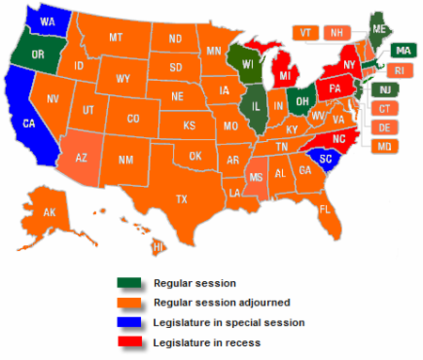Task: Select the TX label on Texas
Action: pyautogui.click(x=181, y=199)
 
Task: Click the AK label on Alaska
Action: pyautogui.click(x=51, y=213)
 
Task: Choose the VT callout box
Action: pyautogui.click(x=305, y=32)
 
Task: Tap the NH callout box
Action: pyautogui.click(x=333, y=32)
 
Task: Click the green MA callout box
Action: pyautogui.click(x=403, y=51)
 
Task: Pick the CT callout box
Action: pyautogui.click(x=385, y=109)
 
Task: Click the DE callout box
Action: pyautogui.click(x=385, y=128)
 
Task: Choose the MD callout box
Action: pyautogui.click(x=385, y=147)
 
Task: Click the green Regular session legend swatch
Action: pyautogui.click(x=130, y=282)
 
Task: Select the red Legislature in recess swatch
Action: pyautogui.click(x=130, y=342)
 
